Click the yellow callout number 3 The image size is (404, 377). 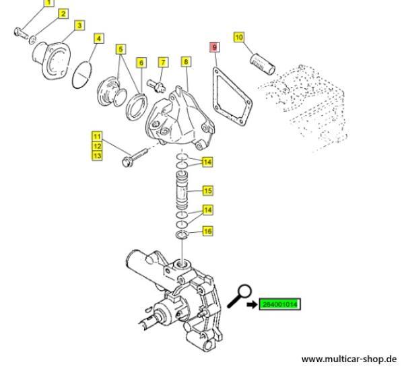pyautogui.click(x=79, y=26)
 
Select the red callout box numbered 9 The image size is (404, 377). pyautogui.click(x=215, y=47)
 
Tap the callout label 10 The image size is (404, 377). pyautogui.click(x=239, y=37)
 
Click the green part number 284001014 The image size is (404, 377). pyautogui.click(x=280, y=304)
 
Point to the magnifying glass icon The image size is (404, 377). pyautogui.click(x=239, y=296)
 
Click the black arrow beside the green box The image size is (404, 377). pyautogui.click(x=252, y=304)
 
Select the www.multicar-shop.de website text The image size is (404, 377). pyautogui.click(x=349, y=359)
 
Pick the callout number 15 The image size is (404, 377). pyautogui.click(x=207, y=191)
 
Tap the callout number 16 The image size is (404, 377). pyautogui.click(x=207, y=231)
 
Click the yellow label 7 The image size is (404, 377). pyautogui.click(x=163, y=62)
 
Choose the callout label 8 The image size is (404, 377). pyautogui.click(x=186, y=61)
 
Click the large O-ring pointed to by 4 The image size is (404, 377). pyautogui.click(x=82, y=75)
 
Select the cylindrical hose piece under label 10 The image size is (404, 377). pyautogui.click(x=263, y=64)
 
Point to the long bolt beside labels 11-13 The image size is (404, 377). pyautogui.click(x=135, y=158)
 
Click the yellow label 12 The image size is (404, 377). pyautogui.click(x=97, y=146)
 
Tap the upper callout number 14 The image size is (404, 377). pyautogui.click(x=207, y=162)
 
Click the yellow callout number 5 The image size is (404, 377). pyautogui.click(x=121, y=49)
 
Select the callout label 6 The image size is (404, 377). pyautogui.click(x=141, y=63)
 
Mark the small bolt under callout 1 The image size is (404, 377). pyautogui.click(x=21, y=33)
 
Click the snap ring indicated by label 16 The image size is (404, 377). pyautogui.click(x=182, y=235)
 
